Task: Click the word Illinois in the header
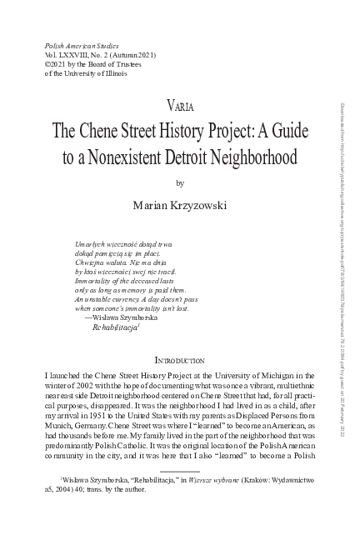114,72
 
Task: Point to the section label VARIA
180,106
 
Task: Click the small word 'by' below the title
180,182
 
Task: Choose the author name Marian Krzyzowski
180,203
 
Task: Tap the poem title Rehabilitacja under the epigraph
119,305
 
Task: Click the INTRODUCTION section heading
180,337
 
